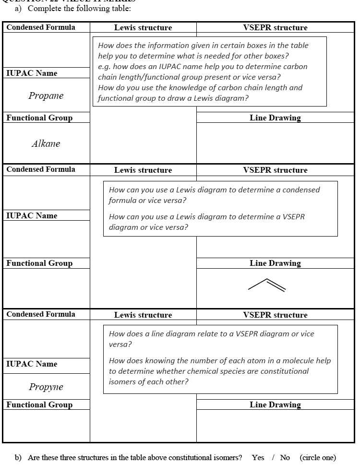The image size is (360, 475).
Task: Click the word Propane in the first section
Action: click(x=46, y=95)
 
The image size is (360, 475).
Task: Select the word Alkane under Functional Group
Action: click(x=46, y=143)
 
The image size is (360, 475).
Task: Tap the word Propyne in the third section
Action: click(x=46, y=387)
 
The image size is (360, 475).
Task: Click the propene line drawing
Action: click(x=267, y=285)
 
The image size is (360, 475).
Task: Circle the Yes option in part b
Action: click(x=258, y=457)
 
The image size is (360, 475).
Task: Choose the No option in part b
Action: click(x=285, y=457)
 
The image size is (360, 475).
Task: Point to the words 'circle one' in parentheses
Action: click(x=318, y=457)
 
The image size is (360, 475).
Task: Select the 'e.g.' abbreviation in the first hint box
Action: click(x=104, y=67)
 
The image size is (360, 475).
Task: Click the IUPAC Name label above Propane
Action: click(x=32, y=73)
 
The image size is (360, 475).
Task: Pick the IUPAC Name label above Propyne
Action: click(x=32, y=364)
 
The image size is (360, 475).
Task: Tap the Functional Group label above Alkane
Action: click(x=39, y=118)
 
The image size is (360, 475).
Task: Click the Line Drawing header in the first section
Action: click(x=275, y=118)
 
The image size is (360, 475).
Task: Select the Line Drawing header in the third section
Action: click(x=275, y=404)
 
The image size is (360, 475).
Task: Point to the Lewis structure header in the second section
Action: click(x=143, y=170)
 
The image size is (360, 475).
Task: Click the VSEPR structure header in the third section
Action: click(x=275, y=315)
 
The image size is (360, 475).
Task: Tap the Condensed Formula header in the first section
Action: click(x=41, y=27)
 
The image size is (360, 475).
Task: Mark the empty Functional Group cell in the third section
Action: click(x=46, y=426)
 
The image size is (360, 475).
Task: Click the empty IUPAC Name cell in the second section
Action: click(x=46, y=239)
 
